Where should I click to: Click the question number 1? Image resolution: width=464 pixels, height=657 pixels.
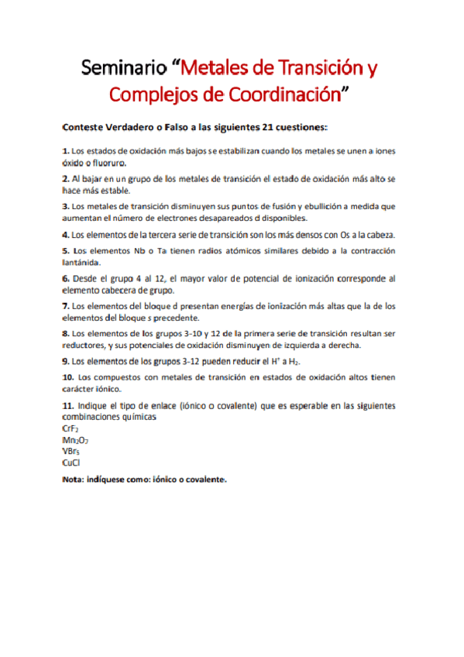(x=65, y=150)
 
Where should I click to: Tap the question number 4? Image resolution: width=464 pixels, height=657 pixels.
(x=65, y=234)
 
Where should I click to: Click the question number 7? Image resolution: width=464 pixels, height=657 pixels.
(x=65, y=306)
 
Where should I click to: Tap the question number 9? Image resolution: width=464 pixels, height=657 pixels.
(x=65, y=362)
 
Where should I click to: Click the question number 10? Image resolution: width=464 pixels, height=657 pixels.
(x=68, y=377)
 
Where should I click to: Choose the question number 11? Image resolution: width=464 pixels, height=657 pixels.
(x=68, y=405)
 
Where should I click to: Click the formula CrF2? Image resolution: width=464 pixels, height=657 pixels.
(x=72, y=428)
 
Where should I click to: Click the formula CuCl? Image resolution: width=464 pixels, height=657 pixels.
(x=73, y=463)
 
